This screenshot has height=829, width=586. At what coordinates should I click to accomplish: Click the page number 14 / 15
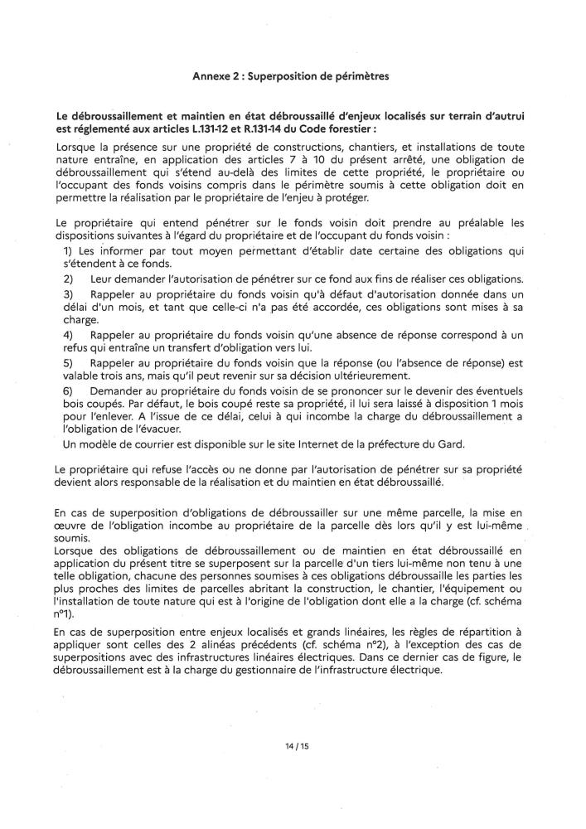(x=293, y=745)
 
